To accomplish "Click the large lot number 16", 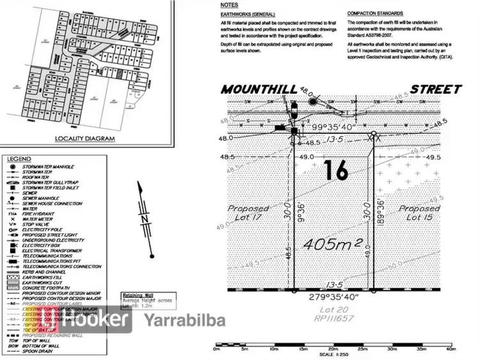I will pyautogui.click(x=335, y=171).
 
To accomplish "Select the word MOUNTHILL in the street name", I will pyautogui.click(x=262, y=89).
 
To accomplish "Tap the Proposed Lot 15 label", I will pyautogui.click(x=419, y=213).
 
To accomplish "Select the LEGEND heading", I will pyautogui.click(x=19, y=158).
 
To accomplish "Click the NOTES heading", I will pyautogui.click(x=229, y=4).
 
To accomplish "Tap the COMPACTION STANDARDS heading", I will pyautogui.click(x=376, y=13).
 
